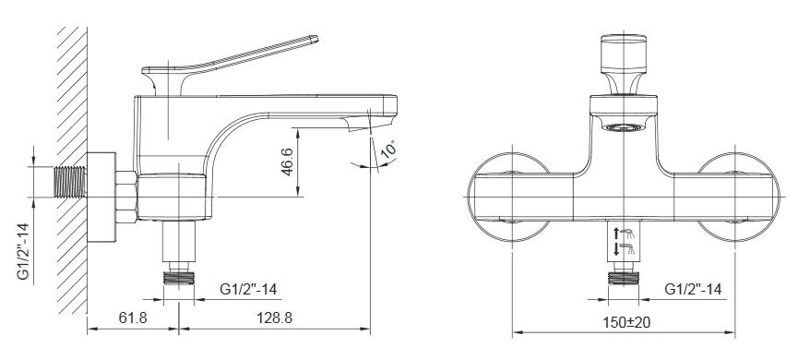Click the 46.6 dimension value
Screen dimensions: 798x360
point(288,162)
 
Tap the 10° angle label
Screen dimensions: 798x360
point(389,150)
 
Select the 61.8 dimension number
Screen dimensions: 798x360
point(133,318)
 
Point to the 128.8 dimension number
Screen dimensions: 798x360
point(274,318)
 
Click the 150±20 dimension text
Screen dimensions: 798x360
point(626,322)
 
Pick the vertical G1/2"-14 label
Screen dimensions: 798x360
point(24,252)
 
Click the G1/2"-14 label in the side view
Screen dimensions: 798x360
point(248,289)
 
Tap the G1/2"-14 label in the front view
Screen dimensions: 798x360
point(693,289)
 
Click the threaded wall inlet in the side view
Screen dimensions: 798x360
point(70,182)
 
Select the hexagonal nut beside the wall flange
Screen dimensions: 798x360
point(125,197)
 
